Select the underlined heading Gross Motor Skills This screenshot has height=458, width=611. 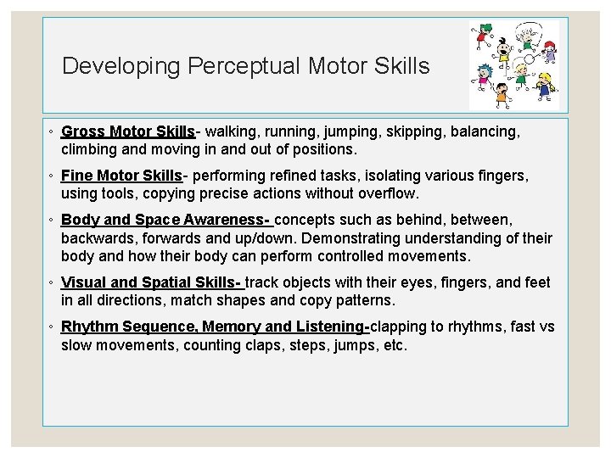pyautogui.click(x=128, y=132)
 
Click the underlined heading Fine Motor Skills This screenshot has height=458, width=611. pyautogui.click(x=121, y=176)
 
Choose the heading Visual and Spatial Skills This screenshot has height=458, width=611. pyautogui.click(x=151, y=282)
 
